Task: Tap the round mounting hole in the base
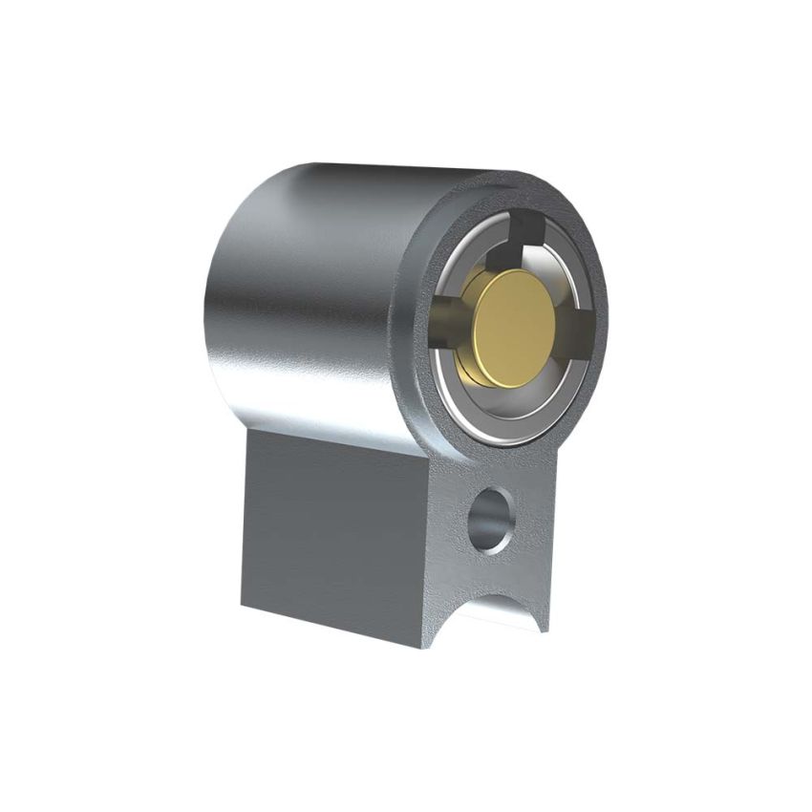coord(491,518)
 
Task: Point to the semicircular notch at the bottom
coord(502,611)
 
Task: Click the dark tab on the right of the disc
coord(576,331)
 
